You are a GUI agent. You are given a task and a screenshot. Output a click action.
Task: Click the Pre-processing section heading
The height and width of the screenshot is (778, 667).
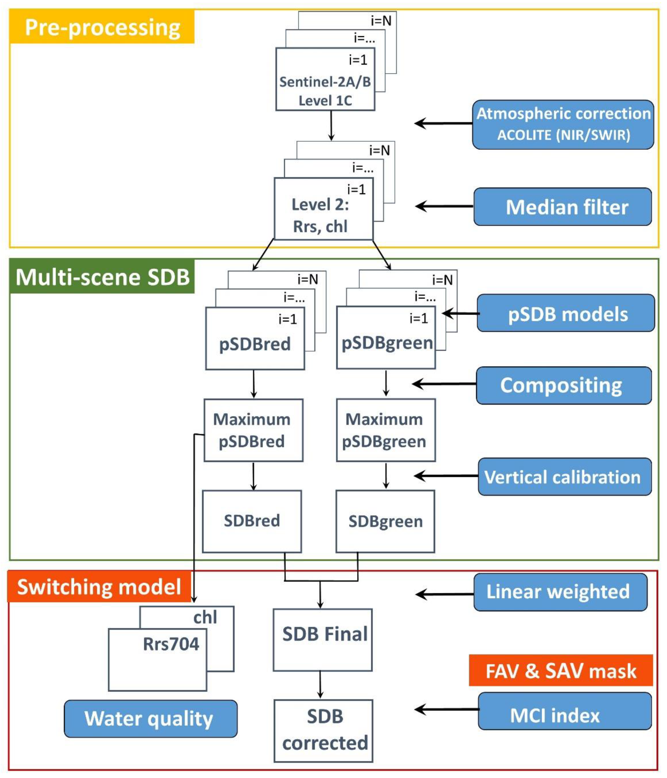tap(102, 27)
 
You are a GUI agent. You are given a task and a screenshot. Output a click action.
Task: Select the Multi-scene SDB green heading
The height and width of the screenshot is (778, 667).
tap(102, 277)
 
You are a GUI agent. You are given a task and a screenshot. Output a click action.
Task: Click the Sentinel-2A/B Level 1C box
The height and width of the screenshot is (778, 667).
tap(325, 90)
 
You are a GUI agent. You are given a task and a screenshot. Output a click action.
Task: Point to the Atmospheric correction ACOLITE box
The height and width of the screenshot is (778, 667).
tap(563, 124)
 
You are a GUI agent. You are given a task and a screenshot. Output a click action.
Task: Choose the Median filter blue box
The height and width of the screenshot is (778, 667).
tap(563, 207)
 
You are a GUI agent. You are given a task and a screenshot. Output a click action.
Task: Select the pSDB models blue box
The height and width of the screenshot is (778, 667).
tap(566, 313)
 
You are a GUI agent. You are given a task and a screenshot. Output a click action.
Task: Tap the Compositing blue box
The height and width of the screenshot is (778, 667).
tap(564, 385)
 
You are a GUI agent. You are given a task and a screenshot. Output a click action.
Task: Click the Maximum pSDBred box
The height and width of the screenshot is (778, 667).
tap(253, 430)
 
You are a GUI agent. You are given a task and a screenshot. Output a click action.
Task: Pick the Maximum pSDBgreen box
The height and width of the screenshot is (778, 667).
tap(386, 430)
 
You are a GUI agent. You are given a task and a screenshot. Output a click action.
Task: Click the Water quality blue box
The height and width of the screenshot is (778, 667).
tap(150, 718)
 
